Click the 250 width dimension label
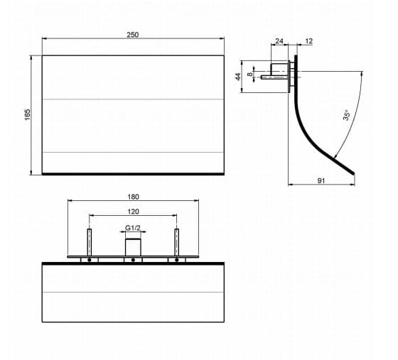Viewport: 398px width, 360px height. [x=133, y=35]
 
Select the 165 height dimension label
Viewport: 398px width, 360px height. [x=28, y=114]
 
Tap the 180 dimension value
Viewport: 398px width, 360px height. [x=134, y=197]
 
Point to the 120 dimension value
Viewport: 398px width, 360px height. [x=134, y=212]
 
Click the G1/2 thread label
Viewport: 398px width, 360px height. [x=133, y=228]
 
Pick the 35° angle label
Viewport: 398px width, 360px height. [x=347, y=115]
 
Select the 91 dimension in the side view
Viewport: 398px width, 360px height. [x=321, y=180]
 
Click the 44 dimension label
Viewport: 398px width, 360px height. [x=238, y=77]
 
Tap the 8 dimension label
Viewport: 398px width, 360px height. [x=250, y=75]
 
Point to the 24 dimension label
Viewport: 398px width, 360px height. [x=279, y=40]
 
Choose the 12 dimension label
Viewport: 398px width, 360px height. [x=309, y=40]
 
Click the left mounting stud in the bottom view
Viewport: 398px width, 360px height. [x=90, y=242]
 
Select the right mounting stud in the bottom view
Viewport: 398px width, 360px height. [x=177, y=242]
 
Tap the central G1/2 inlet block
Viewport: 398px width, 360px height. [x=133, y=247]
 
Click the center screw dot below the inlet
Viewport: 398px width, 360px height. [x=133, y=260]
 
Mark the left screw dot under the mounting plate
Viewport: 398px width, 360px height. [x=90, y=260]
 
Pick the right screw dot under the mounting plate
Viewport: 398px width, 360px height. [x=177, y=260]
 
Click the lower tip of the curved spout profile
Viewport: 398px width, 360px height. [x=354, y=174]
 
